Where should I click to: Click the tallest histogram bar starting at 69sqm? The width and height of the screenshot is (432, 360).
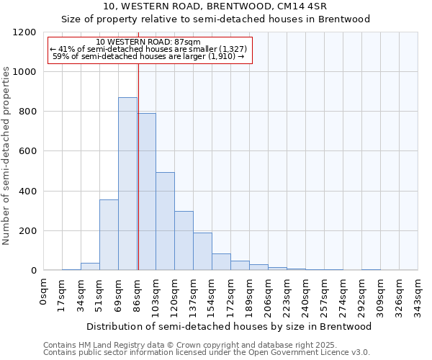tap(127, 184)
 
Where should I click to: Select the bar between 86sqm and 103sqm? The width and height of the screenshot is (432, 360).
tap(146, 192)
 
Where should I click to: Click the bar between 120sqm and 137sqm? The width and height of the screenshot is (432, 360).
tap(184, 240)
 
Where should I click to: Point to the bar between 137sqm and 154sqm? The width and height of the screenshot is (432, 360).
tap(202, 251)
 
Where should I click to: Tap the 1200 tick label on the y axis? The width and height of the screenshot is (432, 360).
tap(24, 32)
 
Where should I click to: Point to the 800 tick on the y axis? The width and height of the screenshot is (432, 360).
tap(27, 112)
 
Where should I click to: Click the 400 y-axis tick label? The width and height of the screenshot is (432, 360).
tap(27, 192)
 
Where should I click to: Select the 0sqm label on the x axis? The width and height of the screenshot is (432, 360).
tap(44, 291)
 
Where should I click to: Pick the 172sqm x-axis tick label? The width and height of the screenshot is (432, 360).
tap(230, 295)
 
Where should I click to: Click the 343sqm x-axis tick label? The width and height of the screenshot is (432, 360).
tap(418, 295)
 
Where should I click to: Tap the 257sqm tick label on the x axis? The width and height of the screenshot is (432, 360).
tap(324, 295)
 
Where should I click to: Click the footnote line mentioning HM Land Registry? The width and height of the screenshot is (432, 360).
tap(205, 345)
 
